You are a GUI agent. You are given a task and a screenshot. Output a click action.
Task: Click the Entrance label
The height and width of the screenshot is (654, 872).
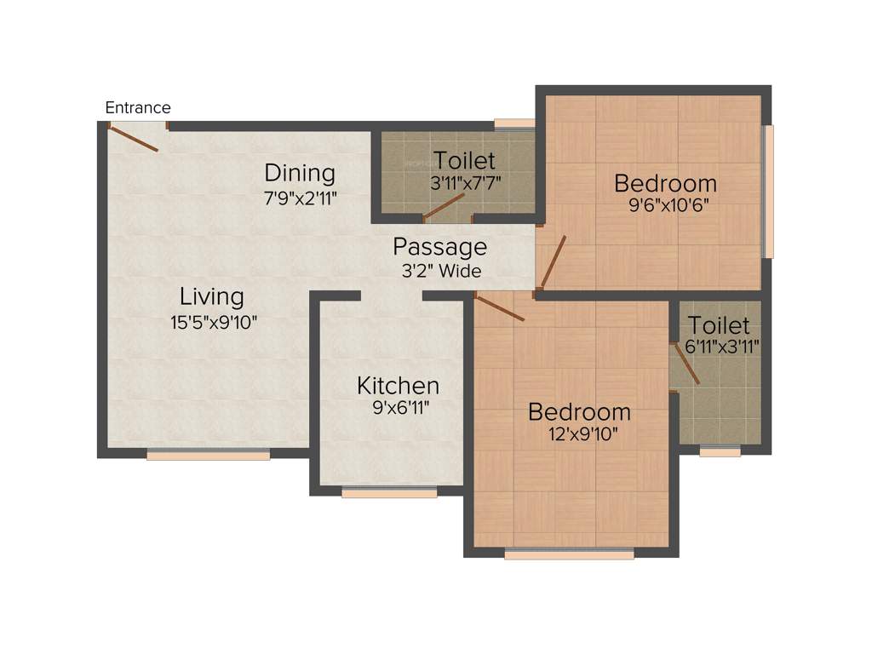138,108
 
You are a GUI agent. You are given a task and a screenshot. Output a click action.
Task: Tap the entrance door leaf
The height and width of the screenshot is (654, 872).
135,138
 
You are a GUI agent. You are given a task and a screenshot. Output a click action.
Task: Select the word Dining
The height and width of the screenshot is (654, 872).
300,173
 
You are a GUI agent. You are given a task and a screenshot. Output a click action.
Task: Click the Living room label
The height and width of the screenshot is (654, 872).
212,297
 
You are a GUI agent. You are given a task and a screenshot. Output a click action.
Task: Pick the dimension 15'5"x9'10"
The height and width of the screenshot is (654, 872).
214,322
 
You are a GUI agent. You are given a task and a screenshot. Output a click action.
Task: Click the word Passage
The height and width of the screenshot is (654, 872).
439,248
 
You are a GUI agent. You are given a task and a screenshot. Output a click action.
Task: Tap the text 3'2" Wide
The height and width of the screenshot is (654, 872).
441,272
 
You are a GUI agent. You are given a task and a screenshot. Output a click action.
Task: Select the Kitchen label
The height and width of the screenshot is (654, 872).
398,386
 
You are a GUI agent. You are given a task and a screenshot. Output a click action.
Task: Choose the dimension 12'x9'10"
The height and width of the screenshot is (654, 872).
582,433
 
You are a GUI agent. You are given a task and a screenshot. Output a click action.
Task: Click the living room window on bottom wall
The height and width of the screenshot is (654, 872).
208,455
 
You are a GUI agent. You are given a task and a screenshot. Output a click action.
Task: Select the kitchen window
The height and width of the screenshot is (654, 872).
389,491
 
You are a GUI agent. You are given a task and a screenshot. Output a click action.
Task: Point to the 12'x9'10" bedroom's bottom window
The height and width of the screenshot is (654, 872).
569,554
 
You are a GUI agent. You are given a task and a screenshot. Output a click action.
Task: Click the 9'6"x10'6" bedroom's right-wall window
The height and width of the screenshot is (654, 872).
768,191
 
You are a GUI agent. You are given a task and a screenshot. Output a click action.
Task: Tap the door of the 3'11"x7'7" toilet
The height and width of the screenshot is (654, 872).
444,206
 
